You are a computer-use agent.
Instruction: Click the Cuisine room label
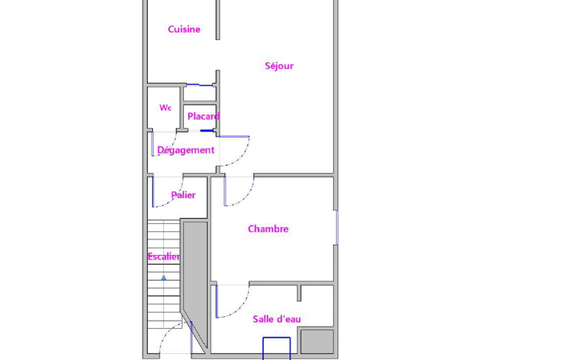[x=184, y=29]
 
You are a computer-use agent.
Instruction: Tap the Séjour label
[x=279, y=65]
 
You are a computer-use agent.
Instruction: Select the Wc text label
[x=165, y=107]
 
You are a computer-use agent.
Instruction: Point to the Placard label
[x=203, y=116]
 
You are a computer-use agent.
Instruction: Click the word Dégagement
[x=186, y=150]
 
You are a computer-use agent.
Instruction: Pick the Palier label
[x=183, y=195]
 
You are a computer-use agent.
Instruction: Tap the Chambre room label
[x=268, y=229]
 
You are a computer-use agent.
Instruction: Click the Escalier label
[x=163, y=256]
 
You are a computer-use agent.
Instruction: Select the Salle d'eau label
[x=277, y=318]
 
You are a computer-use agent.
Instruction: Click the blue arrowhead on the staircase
[x=163, y=277]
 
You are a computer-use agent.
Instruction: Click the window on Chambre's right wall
[x=336, y=228]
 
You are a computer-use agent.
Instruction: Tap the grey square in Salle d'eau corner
[x=317, y=341]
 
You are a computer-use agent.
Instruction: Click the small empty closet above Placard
[x=199, y=94]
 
